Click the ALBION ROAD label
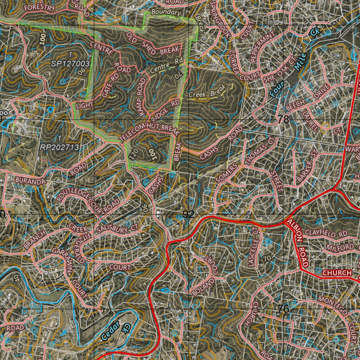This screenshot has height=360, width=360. click(297, 243)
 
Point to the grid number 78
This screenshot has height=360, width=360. click(283, 120)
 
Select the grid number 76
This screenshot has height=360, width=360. click(283, 309)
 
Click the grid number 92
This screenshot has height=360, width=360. click(188, 214)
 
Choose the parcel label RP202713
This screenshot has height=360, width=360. click(59, 147)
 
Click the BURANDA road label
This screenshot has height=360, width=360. click(31, 181)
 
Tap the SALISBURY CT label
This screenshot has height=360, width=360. click(118, 229)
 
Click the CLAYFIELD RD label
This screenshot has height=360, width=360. click(326, 233)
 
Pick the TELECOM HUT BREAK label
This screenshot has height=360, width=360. click(150, 133)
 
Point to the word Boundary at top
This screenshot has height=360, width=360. click(166, 13)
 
